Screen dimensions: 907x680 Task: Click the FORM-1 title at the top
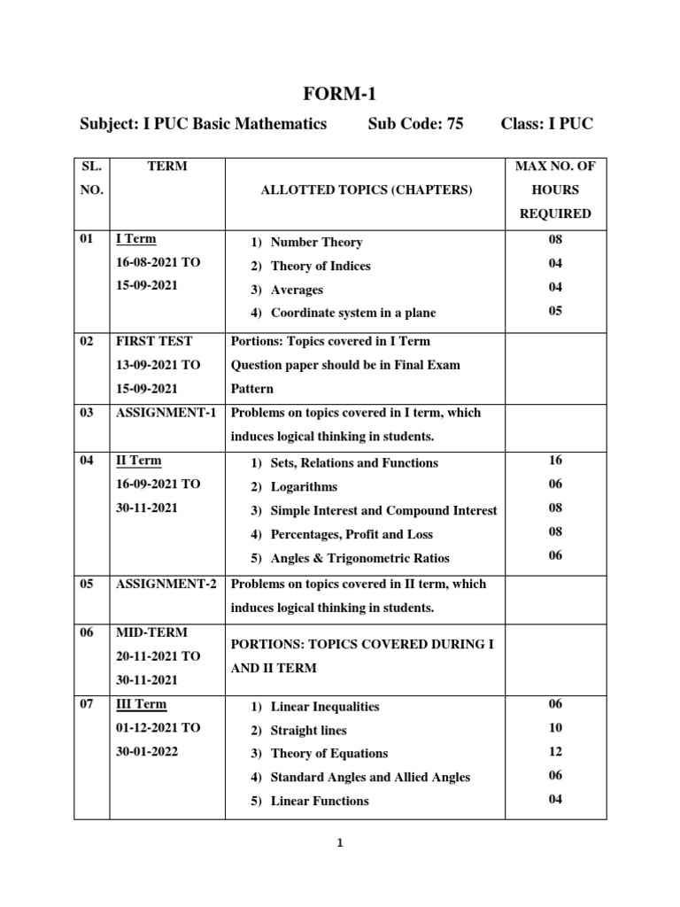tap(340, 94)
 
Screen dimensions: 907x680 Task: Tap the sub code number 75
tap(455, 124)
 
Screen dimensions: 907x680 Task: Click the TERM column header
tap(168, 166)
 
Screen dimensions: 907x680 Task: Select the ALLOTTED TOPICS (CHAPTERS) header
tap(366, 190)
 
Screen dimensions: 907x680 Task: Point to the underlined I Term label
tap(136, 239)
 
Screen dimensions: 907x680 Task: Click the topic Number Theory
tap(316, 242)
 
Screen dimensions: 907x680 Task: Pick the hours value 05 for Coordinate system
tap(555, 311)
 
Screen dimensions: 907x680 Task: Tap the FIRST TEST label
tap(154, 341)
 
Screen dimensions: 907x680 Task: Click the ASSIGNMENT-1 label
tap(166, 413)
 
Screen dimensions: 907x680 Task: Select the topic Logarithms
tap(304, 486)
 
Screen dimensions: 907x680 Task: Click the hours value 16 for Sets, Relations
tap(555, 460)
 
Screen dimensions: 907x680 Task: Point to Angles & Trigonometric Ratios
tap(359, 558)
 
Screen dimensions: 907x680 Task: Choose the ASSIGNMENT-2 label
tap(166, 584)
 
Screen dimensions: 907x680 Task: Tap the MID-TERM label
tap(151, 632)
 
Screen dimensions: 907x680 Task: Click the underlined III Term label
tap(141, 704)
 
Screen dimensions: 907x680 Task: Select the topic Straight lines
tap(308, 730)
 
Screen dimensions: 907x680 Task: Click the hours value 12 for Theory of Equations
tap(555, 751)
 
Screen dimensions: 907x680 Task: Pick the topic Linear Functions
tap(320, 801)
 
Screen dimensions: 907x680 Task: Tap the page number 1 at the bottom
tap(339, 843)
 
